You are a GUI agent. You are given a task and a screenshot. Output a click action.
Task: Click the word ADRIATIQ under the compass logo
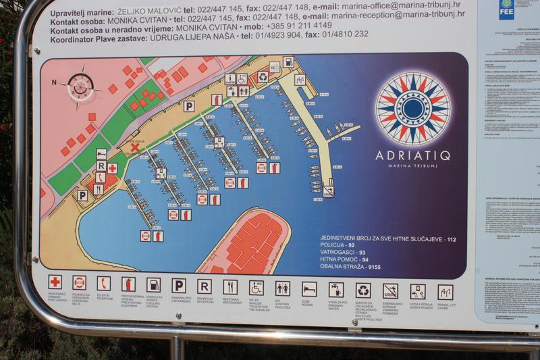coord(412,155)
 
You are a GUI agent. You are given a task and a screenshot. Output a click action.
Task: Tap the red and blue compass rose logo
coord(412,109)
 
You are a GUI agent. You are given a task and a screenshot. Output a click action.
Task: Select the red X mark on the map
coord(134,147)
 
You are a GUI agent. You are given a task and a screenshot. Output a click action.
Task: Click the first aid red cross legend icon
coord(55,282)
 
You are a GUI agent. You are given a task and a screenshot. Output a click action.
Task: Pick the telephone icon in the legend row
coord(103,283)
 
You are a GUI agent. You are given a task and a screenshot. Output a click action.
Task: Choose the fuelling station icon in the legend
coord(153,284)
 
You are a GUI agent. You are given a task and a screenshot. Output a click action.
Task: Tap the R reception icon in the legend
coord(204,286)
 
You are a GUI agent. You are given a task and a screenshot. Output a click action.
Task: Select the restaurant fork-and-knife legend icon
coord(230,287)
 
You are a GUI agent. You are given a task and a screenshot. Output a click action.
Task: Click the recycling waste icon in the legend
coord(363,290)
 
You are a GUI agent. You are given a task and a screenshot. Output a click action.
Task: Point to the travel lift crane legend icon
coord(445,292)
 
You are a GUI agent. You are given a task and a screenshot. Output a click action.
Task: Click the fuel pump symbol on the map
coord(288,62)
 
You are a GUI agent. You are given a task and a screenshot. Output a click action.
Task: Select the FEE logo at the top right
coord(506,8)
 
